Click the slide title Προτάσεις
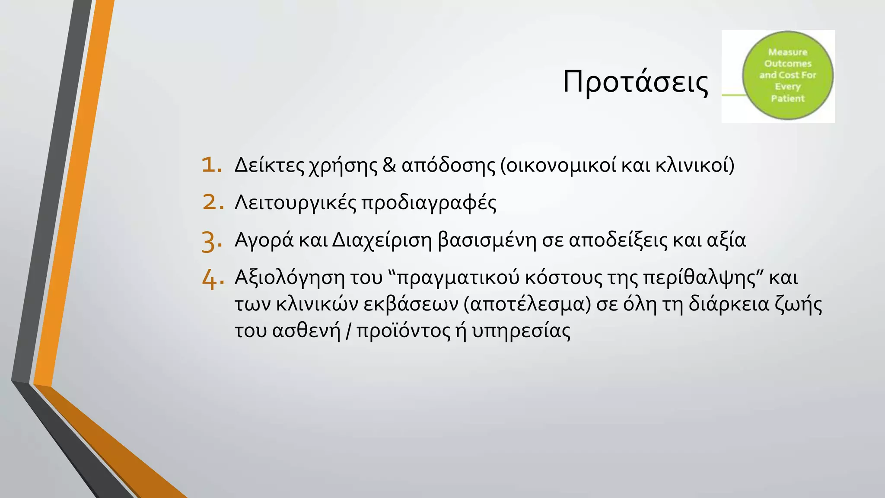[635, 82]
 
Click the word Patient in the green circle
[787, 99]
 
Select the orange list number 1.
[212, 165]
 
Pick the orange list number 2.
[213, 202]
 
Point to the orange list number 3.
[212, 241]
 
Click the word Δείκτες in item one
[269, 165]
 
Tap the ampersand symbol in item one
[389, 165]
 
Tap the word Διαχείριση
[382, 240]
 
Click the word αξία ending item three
[726, 240]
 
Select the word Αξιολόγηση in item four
[290, 278]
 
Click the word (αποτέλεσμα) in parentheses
[527, 304]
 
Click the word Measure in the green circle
[787, 52]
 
